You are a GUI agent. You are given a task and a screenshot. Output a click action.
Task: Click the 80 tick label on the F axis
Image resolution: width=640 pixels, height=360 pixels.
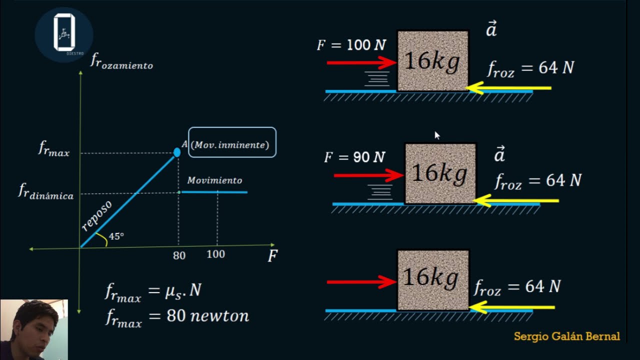(179, 255)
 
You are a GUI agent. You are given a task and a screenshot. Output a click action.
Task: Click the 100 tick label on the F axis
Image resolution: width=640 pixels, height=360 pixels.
(215, 254)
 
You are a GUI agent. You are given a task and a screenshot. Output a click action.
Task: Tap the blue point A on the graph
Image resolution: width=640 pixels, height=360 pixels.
(177, 152)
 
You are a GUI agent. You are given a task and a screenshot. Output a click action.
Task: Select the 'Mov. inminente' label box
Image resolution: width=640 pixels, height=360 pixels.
(232, 142)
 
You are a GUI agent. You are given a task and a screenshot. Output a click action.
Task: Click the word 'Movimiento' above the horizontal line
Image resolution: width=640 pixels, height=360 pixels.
(214, 180)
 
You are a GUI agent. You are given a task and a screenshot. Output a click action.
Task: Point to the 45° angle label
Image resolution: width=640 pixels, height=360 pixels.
(116, 236)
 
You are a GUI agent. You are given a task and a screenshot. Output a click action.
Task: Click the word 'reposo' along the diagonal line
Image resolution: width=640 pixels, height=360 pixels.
(96, 215)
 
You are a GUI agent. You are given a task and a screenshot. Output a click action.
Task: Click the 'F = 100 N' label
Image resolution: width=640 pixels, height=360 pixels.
(351, 45)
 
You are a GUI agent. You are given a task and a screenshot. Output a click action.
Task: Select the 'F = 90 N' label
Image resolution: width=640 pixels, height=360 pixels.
(354, 157)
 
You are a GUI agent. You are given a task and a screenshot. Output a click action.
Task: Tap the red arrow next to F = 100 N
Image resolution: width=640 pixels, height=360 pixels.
(361, 62)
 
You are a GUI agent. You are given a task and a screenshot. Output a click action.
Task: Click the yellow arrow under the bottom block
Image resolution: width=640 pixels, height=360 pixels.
(511, 307)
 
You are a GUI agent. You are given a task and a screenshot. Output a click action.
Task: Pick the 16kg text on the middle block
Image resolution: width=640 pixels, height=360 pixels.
(439, 173)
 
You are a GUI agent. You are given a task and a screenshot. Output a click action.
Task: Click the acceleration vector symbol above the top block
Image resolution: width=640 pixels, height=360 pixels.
(491, 28)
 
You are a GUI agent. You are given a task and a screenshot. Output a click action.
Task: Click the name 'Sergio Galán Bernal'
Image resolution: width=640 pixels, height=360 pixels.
(567, 336)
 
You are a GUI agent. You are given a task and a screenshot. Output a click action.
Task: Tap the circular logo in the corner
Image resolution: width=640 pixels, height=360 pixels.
(64, 34)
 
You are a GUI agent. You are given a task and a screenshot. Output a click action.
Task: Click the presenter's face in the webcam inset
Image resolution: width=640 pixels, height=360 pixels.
(34, 328)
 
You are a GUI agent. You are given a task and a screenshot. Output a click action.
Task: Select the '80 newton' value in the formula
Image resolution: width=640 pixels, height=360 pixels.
(207, 316)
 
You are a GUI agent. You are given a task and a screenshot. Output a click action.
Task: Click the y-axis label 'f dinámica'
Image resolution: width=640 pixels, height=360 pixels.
(46, 191)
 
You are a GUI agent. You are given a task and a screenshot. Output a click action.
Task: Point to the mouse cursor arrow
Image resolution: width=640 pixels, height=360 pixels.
(437, 135)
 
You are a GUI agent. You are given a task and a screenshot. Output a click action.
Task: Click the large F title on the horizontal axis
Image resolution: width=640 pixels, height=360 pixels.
(272, 255)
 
